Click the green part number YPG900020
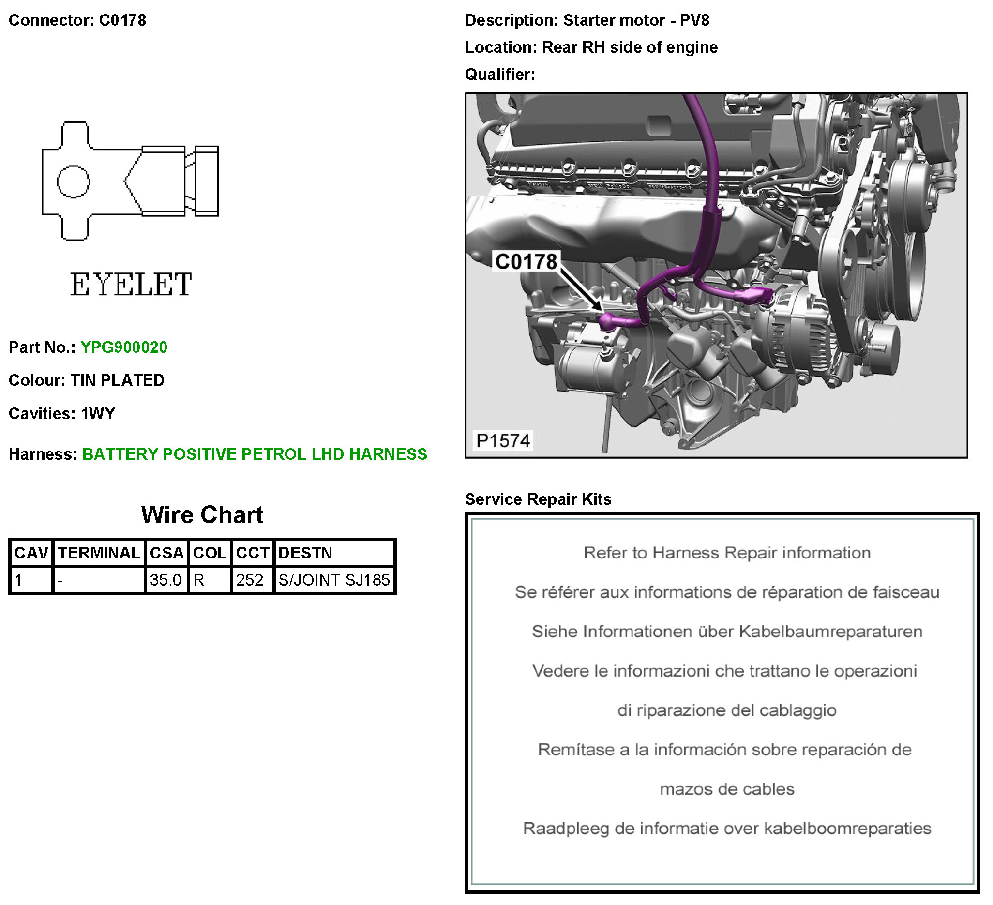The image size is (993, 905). [x=124, y=347]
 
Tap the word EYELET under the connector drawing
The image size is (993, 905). [x=131, y=284]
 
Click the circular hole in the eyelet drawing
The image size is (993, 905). [x=74, y=181]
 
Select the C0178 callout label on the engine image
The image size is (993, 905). [x=527, y=262]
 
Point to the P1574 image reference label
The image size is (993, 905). [x=503, y=440]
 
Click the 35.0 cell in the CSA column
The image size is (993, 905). [x=166, y=580]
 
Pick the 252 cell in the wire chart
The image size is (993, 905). [x=250, y=580]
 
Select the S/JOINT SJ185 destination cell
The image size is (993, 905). [x=334, y=580]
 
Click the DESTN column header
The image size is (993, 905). [x=305, y=553]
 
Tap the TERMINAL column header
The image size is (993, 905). [x=99, y=553]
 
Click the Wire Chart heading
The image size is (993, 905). [x=202, y=515]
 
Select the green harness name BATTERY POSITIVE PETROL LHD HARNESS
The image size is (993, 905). [x=255, y=454]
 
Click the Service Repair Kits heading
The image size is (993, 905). [x=539, y=499]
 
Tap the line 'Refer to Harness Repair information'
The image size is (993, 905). [x=727, y=553]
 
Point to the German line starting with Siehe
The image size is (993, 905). [x=727, y=632]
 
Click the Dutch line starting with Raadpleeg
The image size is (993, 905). [x=727, y=828]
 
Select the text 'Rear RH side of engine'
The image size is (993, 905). [x=630, y=47]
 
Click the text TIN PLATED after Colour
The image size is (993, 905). [x=118, y=380]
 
